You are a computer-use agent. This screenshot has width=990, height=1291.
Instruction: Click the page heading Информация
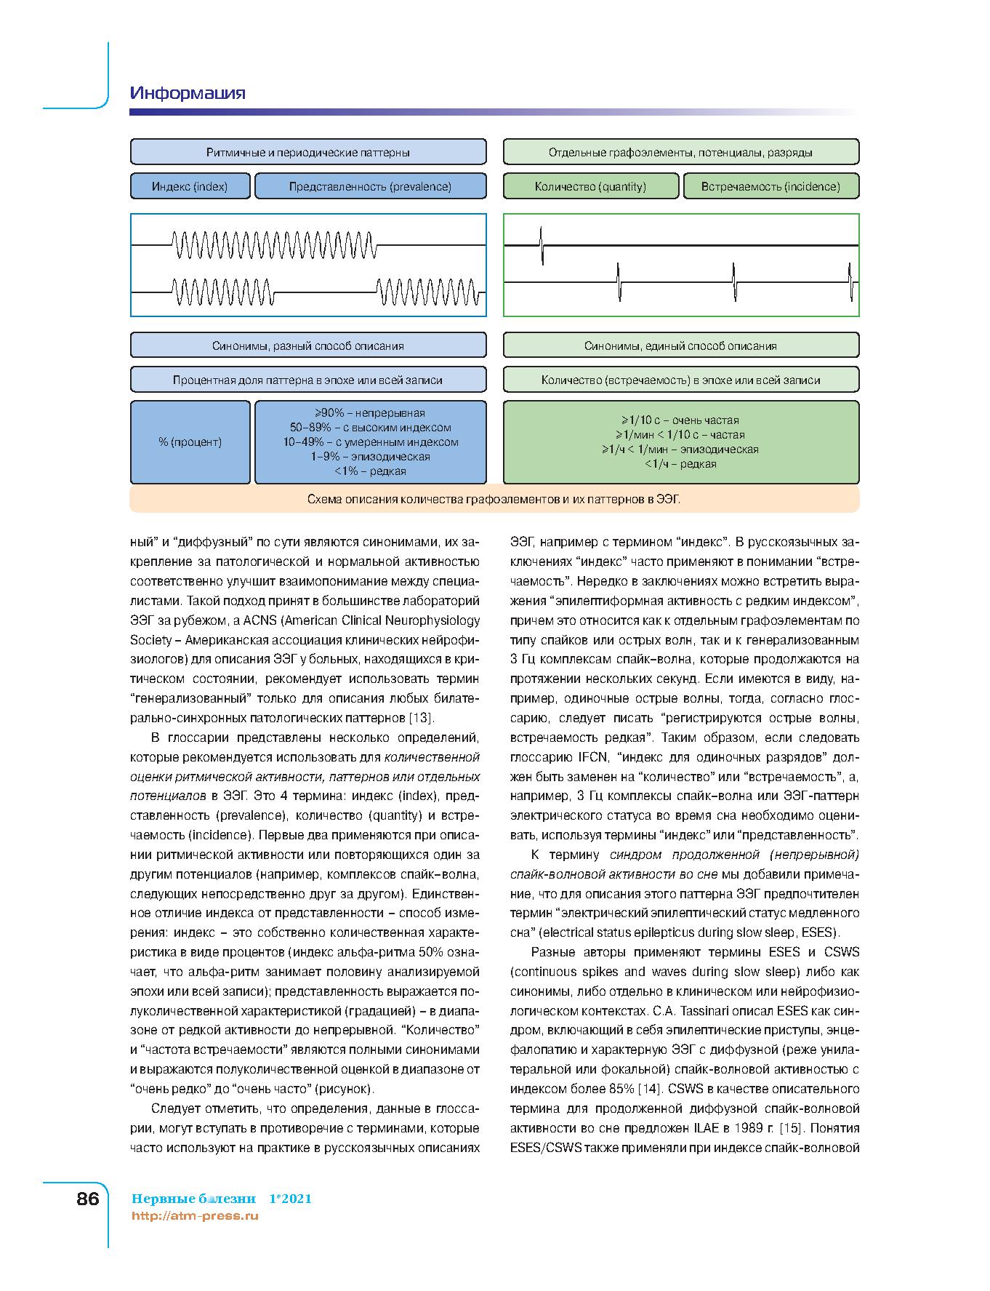click(x=188, y=93)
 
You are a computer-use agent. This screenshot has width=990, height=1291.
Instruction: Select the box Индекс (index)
click(x=190, y=186)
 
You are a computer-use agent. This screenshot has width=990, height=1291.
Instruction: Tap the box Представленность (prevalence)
click(x=370, y=186)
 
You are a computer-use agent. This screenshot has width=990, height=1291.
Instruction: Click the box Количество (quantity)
click(x=590, y=186)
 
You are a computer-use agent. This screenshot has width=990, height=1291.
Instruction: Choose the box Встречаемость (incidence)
click(x=770, y=186)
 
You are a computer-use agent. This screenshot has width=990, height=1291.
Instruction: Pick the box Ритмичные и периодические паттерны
click(x=308, y=153)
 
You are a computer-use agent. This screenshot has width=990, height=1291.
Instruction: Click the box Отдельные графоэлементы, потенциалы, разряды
click(x=680, y=153)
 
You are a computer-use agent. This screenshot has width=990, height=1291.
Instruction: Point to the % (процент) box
click(x=190, y=442)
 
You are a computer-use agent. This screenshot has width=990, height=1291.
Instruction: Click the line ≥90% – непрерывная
click(x=370, y=413)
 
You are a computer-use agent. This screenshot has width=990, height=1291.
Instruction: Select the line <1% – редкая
click(x=370, y=471)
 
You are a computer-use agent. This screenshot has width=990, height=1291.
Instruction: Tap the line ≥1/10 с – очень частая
click(x=680, y=420)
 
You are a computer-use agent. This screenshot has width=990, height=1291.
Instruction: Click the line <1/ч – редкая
click(x=680, y=464)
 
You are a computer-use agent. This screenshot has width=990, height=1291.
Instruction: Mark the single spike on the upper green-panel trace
click(x=542, y=245)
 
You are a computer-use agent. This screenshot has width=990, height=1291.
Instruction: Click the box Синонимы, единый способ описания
click(x=680, y=345)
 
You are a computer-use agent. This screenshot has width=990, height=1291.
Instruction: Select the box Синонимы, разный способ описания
click(x=308, y=345)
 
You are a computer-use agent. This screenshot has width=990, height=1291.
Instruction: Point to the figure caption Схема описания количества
click(x=494, y=500)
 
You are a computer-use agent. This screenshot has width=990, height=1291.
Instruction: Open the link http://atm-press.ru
click(x=195, y=1215)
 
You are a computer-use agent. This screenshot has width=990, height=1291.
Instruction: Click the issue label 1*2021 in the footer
click(x=290, y=1199)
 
